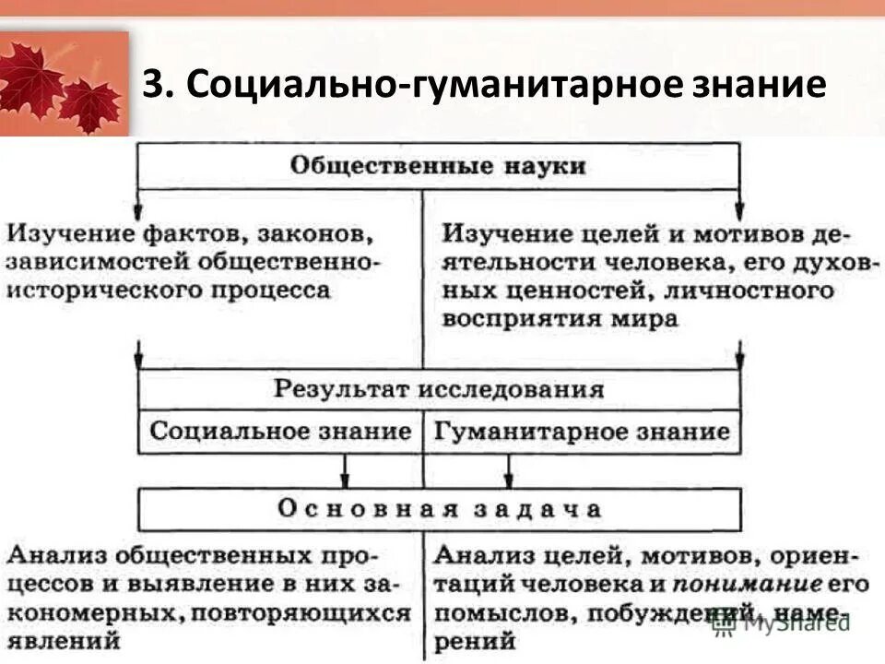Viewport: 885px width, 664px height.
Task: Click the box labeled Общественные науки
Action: click(x=438, y=166)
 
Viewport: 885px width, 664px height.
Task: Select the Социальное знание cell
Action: click(x=280, y=431)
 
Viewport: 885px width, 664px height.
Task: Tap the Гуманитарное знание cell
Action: click(x=582, y=431)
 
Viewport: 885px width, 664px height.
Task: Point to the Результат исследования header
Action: click(x=438, y=388)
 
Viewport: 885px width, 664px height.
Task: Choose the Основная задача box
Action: click(x=438, y=508)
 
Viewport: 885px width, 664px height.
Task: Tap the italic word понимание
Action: click(x=747, y=584)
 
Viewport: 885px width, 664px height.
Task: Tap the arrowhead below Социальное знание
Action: click(x=345, y=480)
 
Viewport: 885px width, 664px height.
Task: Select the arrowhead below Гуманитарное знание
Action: click(x=508, y=480)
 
